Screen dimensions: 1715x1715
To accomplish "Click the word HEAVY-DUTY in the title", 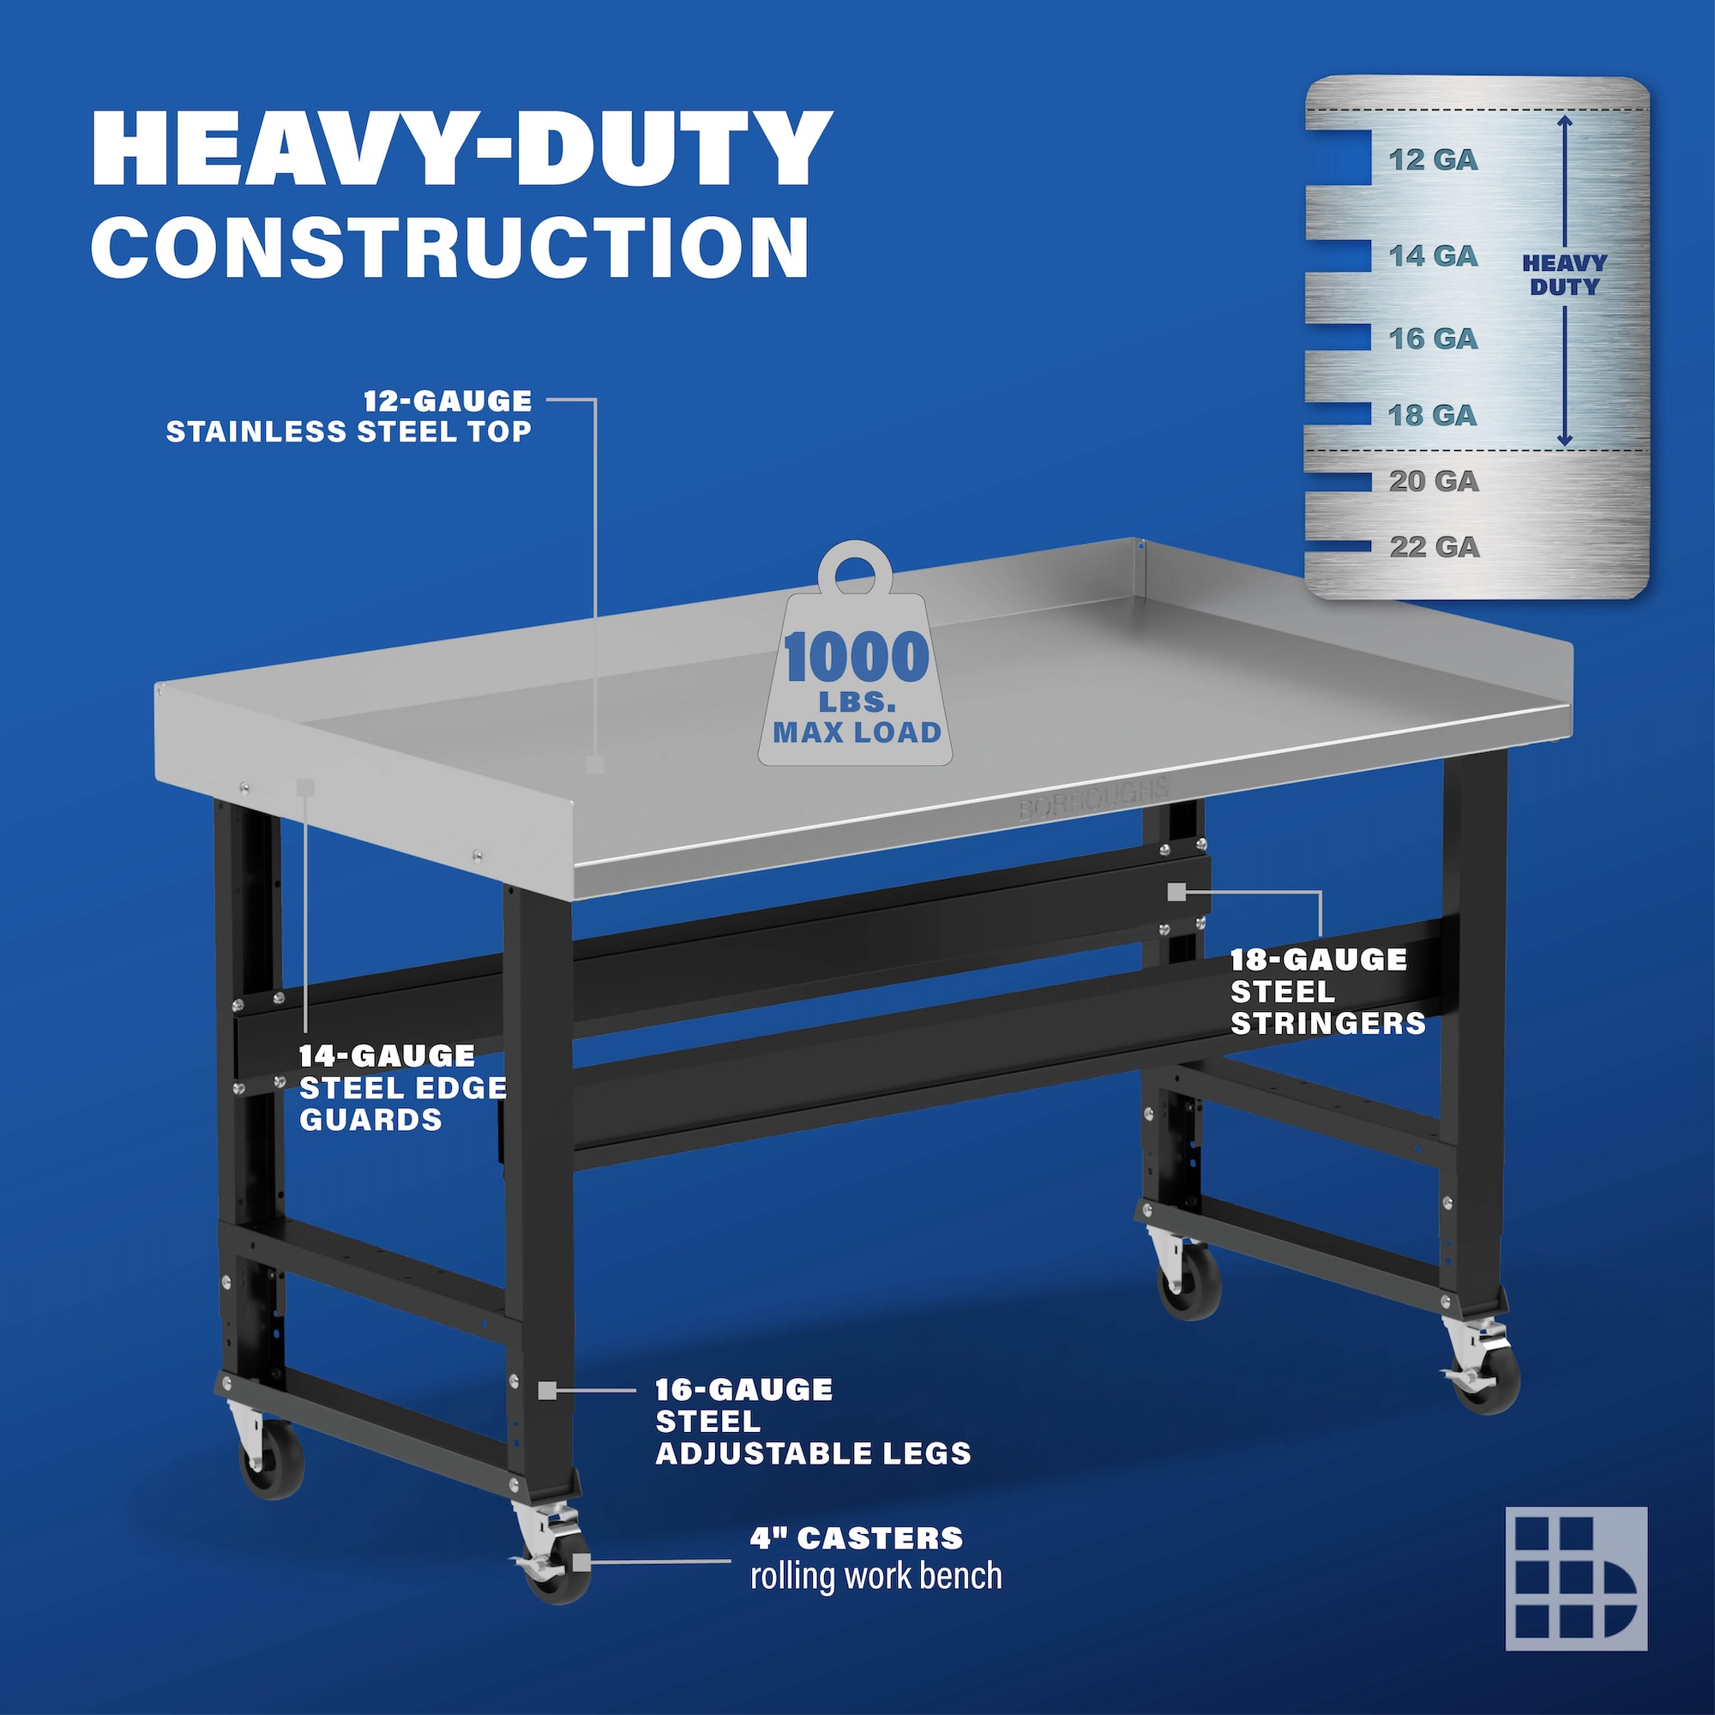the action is coord(461,148).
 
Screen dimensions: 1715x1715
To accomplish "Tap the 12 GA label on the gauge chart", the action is coord(1433,159).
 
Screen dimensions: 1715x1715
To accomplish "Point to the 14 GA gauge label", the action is coord(1433,256).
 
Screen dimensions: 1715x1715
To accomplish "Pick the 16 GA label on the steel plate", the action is coord(1433,338).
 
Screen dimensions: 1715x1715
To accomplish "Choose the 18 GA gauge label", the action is coord(1433,414).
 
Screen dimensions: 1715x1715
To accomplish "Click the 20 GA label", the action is coord(1434,481).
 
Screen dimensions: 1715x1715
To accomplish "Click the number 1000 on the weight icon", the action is coord(857,657).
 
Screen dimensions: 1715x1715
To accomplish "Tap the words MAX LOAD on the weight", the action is coord(857,732).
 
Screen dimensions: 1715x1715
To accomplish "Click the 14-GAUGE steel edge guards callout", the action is coord(403,1087).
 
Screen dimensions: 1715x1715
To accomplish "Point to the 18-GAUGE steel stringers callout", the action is coord(1327,991).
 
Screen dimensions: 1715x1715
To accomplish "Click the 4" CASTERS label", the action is coord(857,1537).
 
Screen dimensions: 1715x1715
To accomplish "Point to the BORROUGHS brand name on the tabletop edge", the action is coord(1093,797).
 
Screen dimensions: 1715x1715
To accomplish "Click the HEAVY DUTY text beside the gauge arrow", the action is coord(1564,275).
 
